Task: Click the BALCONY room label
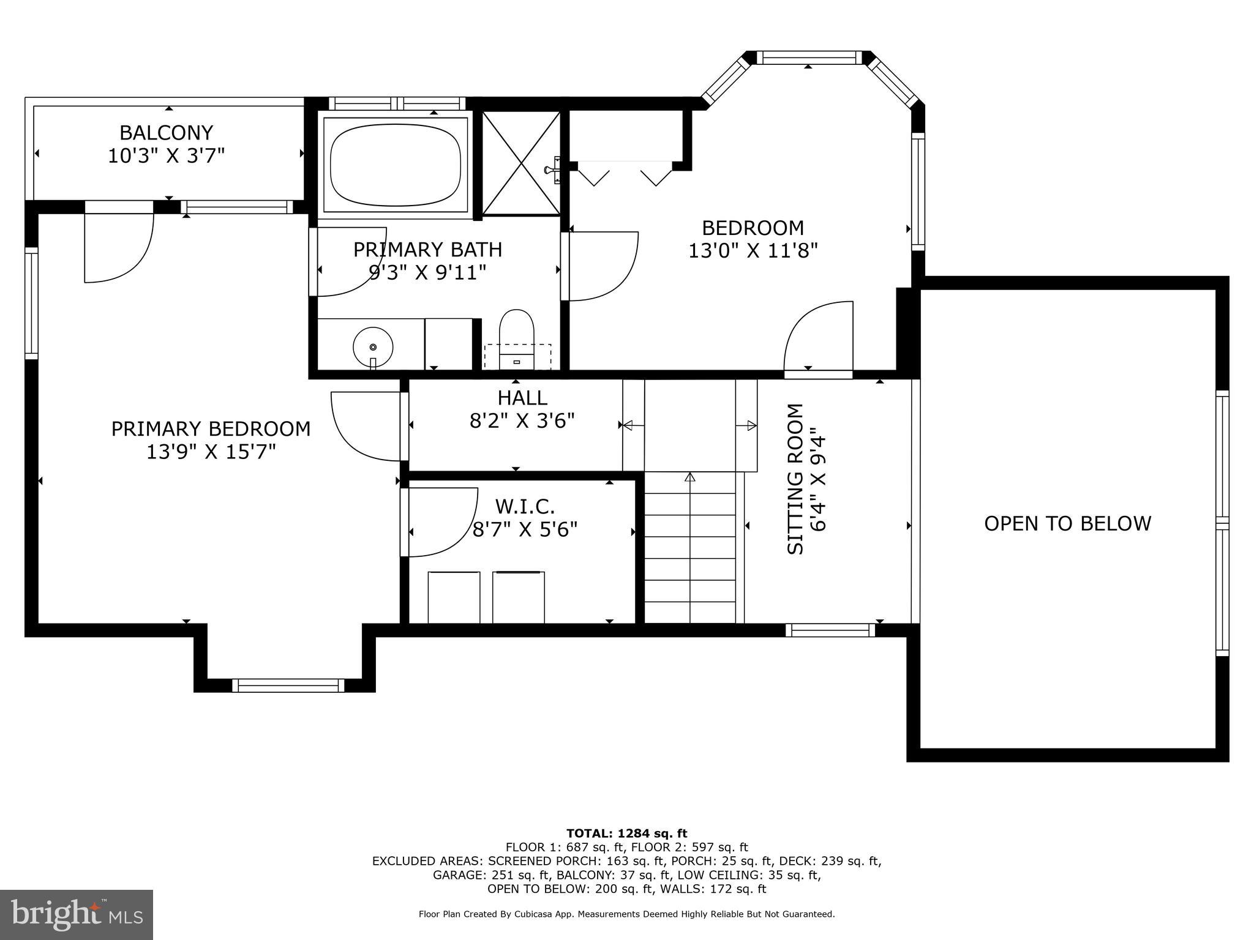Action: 166,133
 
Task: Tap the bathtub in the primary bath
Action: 395,165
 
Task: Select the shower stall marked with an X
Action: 521,163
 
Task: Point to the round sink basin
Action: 373,347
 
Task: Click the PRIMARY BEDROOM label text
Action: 211,428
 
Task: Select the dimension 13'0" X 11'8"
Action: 753,251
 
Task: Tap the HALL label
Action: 522,398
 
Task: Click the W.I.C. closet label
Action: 525,507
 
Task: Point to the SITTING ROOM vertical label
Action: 795,479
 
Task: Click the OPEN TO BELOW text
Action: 1067,523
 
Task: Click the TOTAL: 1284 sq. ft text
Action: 626,833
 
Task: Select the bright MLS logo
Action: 77,914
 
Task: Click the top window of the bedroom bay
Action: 808,58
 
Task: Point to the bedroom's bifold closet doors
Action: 625,173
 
